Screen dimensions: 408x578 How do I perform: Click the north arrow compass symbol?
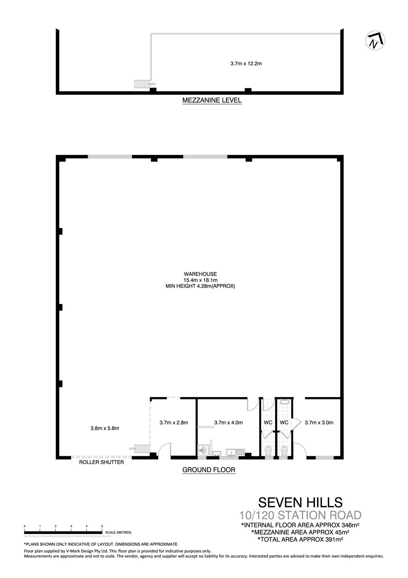[375, 40]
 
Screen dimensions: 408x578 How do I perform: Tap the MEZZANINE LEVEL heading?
[212, 100]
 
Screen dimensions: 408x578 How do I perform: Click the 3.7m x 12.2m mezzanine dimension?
[246, 64]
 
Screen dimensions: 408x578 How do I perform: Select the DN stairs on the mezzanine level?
[142, 84]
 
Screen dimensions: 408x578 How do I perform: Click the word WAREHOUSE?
[200, 274]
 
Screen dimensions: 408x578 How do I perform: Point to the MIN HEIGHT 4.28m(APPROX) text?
[200, 286]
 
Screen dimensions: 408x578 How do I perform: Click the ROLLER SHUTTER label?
[101, 462]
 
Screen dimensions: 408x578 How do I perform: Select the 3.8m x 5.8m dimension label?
[105, 428]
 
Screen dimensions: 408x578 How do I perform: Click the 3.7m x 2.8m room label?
[174, 423]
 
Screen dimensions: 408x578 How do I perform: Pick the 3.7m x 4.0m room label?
[228, 423]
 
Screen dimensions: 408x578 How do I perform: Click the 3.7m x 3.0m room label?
[319, 423]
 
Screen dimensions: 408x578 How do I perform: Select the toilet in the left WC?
[268, 450]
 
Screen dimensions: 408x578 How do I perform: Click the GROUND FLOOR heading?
[209, 470]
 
